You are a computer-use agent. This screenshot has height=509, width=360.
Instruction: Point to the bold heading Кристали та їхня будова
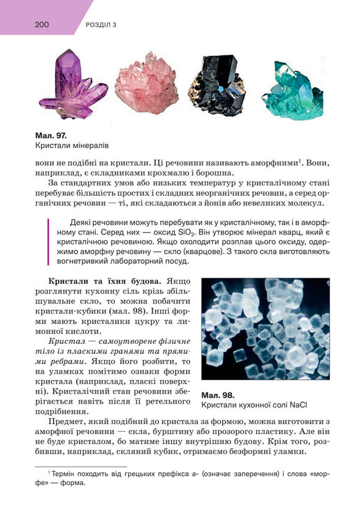(x=106, y=282)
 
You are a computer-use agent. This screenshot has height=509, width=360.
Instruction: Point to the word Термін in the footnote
(x=66, y=473)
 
